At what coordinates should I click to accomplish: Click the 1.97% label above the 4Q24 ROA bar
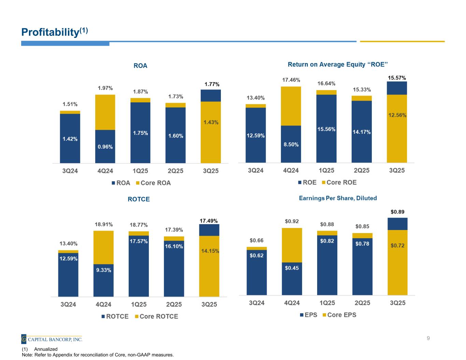point(105,88)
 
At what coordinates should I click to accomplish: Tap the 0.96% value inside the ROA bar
point(105,147)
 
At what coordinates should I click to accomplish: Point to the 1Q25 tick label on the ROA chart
point(140,171)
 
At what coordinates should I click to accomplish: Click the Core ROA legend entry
point(153,183)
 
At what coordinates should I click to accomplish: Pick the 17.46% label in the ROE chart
point(291,80)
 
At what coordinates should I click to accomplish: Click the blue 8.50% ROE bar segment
point(291,144)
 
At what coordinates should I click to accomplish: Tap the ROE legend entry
point(307,182)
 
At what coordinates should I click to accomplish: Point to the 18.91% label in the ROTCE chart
point(103,225)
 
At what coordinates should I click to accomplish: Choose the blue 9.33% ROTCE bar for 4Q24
point(103,280)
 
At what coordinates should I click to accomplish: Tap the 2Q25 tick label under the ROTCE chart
point(174,304)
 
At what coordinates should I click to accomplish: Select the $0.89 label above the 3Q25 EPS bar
point(397,212)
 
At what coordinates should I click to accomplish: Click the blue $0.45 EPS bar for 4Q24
point(292,278)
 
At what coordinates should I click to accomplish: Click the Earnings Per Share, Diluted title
point(338,198)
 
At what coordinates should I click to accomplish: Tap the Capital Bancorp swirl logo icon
point(24,339)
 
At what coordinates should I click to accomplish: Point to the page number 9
point(428,339)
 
